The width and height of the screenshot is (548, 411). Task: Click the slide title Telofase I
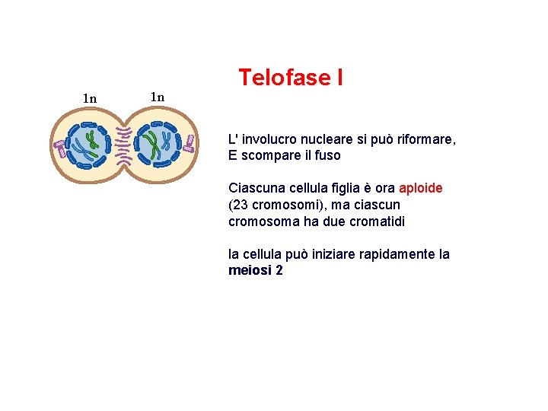290,78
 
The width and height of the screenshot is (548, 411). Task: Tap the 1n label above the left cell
90,98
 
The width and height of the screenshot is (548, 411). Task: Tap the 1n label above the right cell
157,97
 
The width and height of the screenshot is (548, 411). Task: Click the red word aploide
420,188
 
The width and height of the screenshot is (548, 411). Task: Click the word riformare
421,140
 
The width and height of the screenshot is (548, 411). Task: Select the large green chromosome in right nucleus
154,145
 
